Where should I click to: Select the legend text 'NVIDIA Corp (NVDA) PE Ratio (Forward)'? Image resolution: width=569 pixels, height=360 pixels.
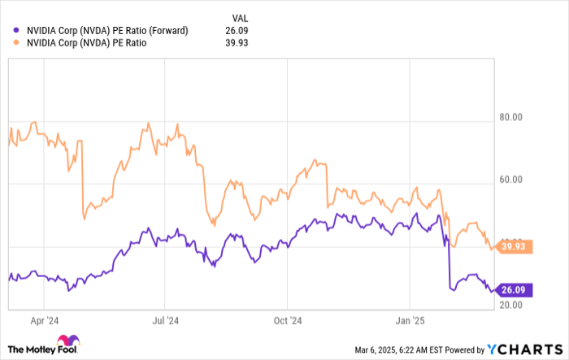tap(107, 31)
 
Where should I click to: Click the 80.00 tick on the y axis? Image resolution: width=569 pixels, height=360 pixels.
tap(510, 118)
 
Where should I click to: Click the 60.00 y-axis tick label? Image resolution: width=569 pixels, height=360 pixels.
tap(510, 184)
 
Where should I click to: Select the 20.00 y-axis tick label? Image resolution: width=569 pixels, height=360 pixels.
tap(510, 304)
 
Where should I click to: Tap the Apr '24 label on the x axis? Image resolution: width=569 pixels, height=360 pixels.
tap(43, 320)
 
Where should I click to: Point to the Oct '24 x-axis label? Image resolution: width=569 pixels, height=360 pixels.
tap(288, 320)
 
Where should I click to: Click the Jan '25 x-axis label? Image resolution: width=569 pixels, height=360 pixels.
tap(410, 320)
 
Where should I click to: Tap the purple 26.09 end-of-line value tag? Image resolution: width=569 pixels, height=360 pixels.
tap(515, 289)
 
